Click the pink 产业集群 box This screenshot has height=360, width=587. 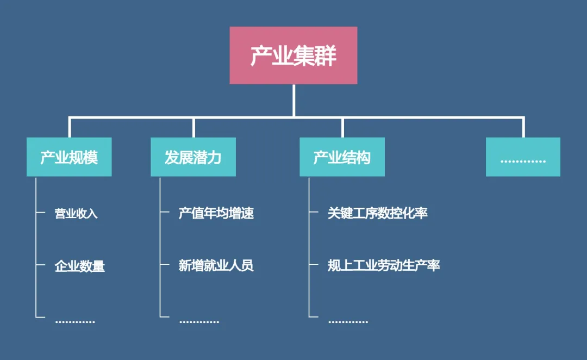tap(293, 55)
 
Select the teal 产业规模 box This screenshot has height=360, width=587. tap(69, 157)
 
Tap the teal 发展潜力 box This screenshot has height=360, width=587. tap(193, 157)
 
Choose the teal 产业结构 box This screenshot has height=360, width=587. tap(342, 157)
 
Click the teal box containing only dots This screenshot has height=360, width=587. tap(523, 157)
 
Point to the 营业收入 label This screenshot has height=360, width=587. tap(76, 213)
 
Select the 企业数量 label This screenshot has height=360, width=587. tap(80, 266)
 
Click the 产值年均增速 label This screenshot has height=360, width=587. tap(216, 213)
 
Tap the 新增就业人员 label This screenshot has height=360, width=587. tap(216, 266)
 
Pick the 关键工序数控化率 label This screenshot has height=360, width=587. tap(378, 213)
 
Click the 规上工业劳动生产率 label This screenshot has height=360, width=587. tap(384, 266)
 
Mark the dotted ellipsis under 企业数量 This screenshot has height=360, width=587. tap(75, 322)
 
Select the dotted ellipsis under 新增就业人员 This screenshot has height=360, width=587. tap(199, 322)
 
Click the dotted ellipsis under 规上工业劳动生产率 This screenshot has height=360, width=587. tap(348, 322)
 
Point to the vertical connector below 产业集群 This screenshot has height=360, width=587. tap(293, 100)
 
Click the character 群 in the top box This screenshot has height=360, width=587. tap(326, 56)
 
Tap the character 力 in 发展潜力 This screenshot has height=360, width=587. tap(215, 158)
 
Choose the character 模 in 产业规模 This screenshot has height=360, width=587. tap(91, 158)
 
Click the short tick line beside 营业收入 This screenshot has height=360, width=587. tap(40, 213)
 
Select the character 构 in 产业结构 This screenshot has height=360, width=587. tap(364, 158)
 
